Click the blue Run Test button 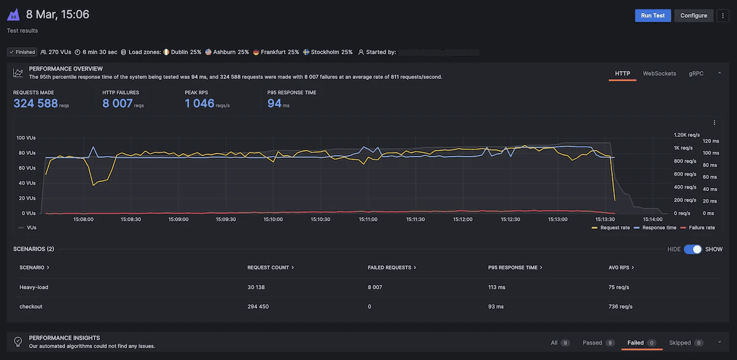click(x=653, y=15)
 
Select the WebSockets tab click(x=659, y=74)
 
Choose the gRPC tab click(x=696, y=74)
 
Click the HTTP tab click(x=623, y=74)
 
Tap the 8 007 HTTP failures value click(x=117, y=103)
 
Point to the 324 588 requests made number click(x=36, y=103)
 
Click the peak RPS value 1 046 click(x=200, y=103)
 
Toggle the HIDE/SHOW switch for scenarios click(x=692, y=249)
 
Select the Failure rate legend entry click(x=700, y=227)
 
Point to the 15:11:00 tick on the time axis click(x=368, y=219)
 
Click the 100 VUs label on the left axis click(x=25, y=138)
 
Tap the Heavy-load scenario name click(x=34, y=287)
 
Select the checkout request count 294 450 click(x=258, y=307)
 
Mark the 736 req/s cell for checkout click(x=620, y=307)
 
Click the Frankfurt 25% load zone click(x=276, y=52)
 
